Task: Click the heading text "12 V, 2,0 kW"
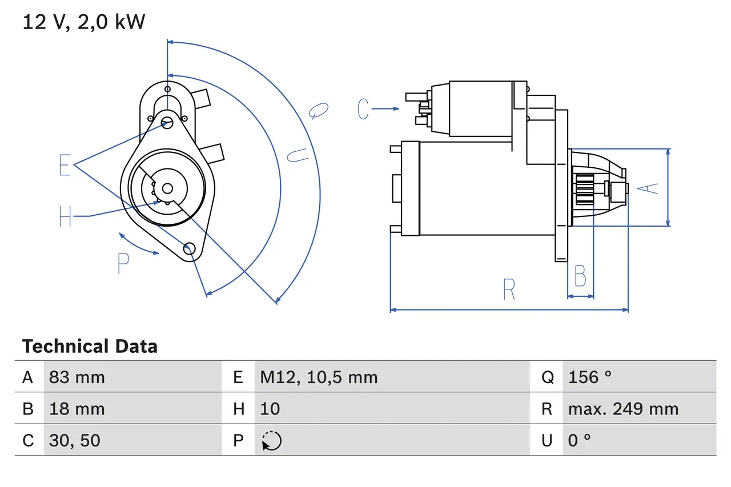(x=83, y=22)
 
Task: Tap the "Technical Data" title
(x=90, y=347)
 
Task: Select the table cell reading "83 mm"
(x=77, y=377)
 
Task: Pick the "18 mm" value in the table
(x=77, y=409)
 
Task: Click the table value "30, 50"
(x=75, y=440)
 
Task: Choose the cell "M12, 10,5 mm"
(x=319, y=377)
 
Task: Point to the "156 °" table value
(x=589, y=377)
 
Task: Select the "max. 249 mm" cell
(x=623, y=409)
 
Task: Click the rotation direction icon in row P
(x=271, y=441)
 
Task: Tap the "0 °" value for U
(x=580, y=440)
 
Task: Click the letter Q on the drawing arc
(x=319, y=110)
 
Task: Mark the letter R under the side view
(x=509, y=289)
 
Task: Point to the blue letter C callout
(x=364, y=109)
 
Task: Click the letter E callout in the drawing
(x=65, y=165)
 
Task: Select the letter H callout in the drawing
(x=65, y=216)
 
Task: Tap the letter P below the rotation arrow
(x=123, y=263)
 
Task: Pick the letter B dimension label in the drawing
(x=580, y=277)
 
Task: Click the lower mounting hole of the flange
(x=189, y=248)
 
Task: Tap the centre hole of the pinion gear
(x=167, y=188)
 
